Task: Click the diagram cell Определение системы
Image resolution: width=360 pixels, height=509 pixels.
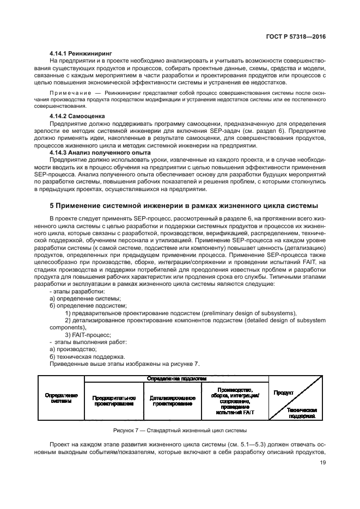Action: [x=61, y=398]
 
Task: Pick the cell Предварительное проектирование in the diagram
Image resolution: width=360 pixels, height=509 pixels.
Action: [x=114, y=401]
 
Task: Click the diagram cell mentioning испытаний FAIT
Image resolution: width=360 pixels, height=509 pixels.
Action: [x=235, y=401]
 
